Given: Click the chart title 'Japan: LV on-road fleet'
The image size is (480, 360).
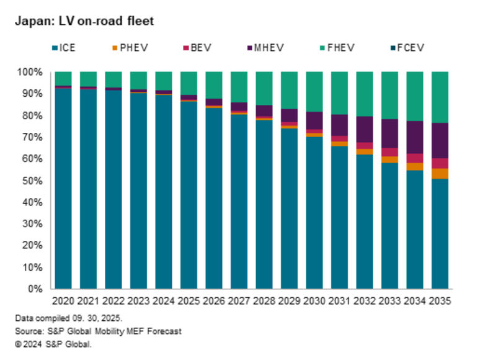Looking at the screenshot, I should click(83, 21).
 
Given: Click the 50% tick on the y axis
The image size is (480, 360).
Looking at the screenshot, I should click(31, 181).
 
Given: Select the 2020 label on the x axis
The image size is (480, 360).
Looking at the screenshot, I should click(63, 301).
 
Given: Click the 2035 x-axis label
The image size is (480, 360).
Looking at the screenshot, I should click(439, 301).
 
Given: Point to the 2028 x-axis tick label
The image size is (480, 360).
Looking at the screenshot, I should click(264, 301).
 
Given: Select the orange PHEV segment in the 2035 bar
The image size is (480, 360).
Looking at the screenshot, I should click(439, 173).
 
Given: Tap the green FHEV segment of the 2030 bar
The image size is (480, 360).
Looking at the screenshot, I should click(314, 91).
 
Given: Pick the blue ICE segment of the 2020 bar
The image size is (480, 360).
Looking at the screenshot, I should click(63, 186).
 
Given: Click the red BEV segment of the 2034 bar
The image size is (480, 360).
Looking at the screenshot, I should click(414, 158).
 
